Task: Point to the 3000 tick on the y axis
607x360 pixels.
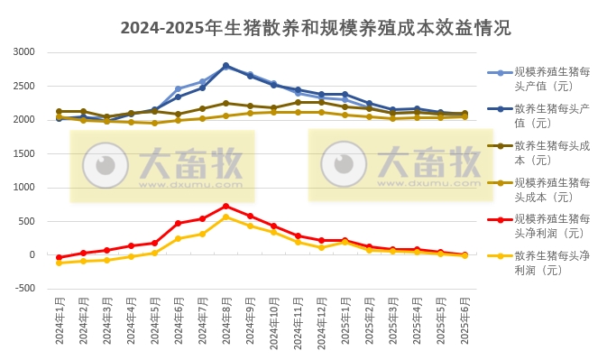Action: (23, 52)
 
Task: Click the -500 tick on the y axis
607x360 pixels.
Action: (23, 289)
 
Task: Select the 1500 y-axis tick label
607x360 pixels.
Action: (23, 153)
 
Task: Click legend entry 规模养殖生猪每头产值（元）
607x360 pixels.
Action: (551, 79)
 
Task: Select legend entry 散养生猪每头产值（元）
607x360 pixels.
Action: (551, 115)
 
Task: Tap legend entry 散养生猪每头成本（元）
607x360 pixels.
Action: (551, 152)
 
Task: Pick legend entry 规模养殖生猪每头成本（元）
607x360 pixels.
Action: (551, 189)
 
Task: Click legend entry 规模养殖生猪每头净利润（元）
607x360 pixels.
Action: (551, 226)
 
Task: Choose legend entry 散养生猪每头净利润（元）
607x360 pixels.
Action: (551, 263)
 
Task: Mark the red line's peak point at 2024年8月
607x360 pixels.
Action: (225, 206)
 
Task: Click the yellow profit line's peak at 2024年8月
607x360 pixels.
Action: (225, 217)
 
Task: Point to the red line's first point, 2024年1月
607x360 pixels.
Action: (59, 257)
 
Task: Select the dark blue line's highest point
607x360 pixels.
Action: (225, 65)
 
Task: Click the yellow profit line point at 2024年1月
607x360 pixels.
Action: (59, 263)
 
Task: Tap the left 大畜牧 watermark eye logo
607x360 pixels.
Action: (106, 165)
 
